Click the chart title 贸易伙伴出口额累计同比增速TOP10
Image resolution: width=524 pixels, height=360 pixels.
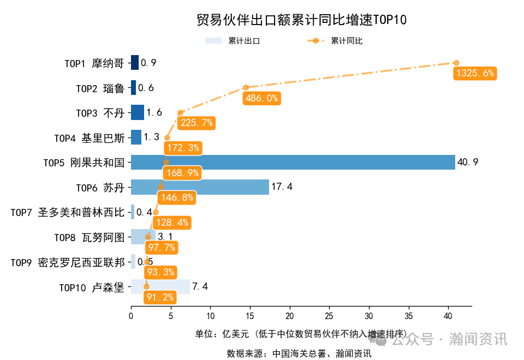pyautogui.click(x=301, y=20)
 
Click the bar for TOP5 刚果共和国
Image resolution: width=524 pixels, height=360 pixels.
pyautogui.click(x=293, y=162)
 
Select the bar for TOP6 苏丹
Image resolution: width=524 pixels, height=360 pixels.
pyautogui.click(x=200, y=187)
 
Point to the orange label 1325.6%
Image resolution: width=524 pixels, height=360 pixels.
pyautogui.click(x=475, y=73)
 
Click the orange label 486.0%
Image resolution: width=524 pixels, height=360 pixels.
pyautogui.click(x=261, y=98)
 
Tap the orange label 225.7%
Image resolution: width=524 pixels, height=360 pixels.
pyautogui.click(x=196, y=123)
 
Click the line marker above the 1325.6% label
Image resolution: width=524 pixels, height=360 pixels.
pyautogui.click(x=456, y=63)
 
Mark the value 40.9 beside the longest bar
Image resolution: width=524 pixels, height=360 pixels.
pyautogui.click(x=468, y=162)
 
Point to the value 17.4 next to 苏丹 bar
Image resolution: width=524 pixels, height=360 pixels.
pyautogui.click(x=282, y=187)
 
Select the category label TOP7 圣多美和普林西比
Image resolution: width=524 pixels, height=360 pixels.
pyautogui.click(x=68, y=212)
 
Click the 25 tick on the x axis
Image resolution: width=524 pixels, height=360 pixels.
pyautogui.click(x=329, y=316)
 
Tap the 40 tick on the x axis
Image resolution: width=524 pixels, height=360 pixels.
pyautogui.click(x=448, y=316)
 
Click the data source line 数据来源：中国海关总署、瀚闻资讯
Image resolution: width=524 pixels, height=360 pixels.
pyautogui.click(x=299, y=353)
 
